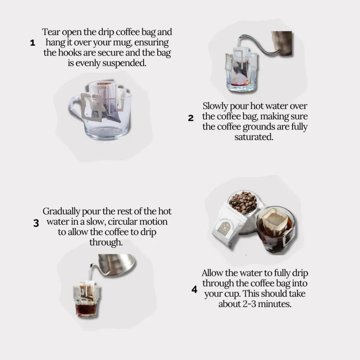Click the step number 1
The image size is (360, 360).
click(x=33, y=43)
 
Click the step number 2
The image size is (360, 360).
click(x=191, y=118)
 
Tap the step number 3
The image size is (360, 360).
click(x=36, y=223)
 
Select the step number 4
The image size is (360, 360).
click(x=194, y=289)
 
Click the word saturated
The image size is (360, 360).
click(x=254, y=137)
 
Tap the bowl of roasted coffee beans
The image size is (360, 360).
click(x=243, y=202)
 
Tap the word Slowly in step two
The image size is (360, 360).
click(x=215, y=106)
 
